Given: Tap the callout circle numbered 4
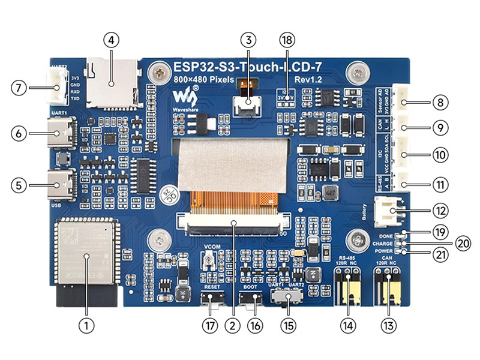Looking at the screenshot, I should (112, 40).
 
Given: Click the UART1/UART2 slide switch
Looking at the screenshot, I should (287, 297).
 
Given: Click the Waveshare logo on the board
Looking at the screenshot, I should (186, 96).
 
